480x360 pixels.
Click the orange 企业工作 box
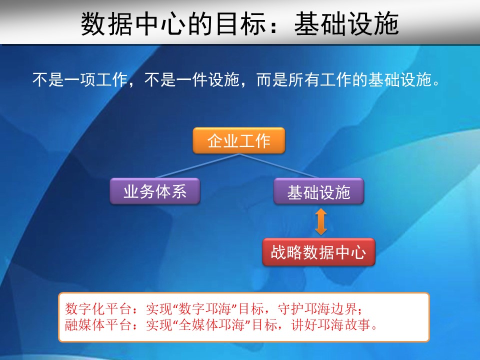pyautogui.click(x=239, y=140)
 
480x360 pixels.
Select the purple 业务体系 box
pyautogui.click(x=155, y=191)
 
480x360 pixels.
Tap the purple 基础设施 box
pyautogui.click(x=318, y=191)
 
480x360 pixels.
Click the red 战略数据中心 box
pyautogui.click(x=318, y=252)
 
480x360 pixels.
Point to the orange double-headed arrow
pyautogui.click(x=321, y=221)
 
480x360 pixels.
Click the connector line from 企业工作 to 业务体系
pyautogui.click(x=197, y=165)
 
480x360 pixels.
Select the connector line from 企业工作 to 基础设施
pyautogui.click(x=279, y=165)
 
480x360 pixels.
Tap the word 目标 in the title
pyautogui.click(x=241, y=24)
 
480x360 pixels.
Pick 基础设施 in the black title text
pyautogui.click(x=346, y=24)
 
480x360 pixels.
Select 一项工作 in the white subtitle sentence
pyautogui.click(x=96, y=79)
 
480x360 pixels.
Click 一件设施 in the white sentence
pyautogui.click(x=208, y=79)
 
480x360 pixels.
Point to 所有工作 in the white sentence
pyautogui.click(x=320, y=79)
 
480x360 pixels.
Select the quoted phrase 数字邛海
pyautogui.click(x=205, y=308)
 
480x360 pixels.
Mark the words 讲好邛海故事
pyautogui.click(x=331, y=324)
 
